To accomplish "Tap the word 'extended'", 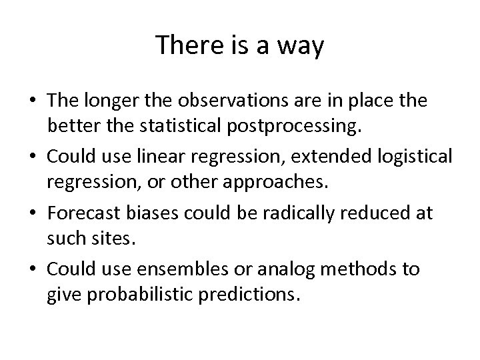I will click(x=333, y=156).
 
